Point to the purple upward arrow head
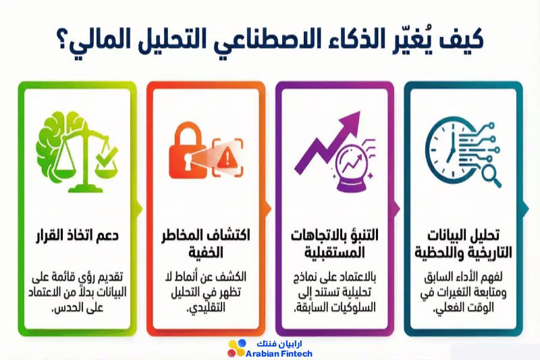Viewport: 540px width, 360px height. pos(350,122)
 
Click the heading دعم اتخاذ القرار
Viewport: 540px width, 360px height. pos(78,235)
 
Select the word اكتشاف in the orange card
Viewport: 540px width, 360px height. pos(230,235)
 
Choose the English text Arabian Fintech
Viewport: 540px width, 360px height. pos(279,354)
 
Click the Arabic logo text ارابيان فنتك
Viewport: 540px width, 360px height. pos(279,344)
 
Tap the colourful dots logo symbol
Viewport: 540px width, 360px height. pos(237,349)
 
